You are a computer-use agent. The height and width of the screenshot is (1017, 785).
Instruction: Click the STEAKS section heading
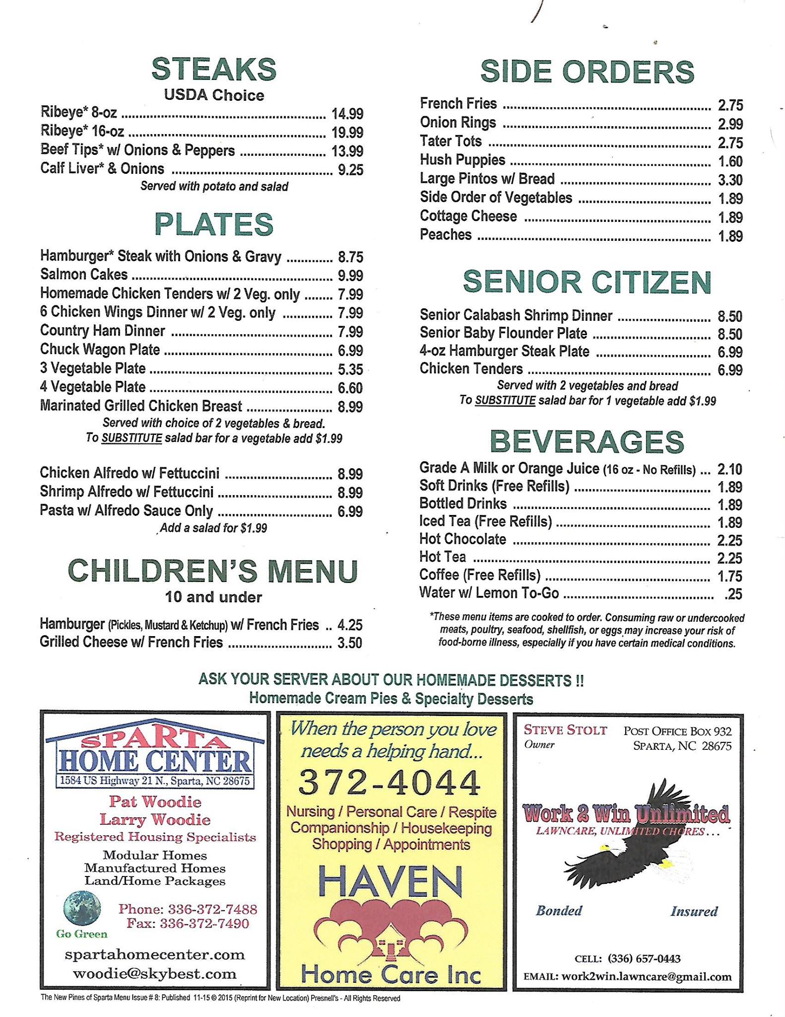tap(213, 69)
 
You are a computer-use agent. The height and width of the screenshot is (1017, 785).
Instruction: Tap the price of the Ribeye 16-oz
tap(347, 133)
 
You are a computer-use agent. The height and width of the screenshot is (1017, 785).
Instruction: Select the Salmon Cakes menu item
tap(84, 275)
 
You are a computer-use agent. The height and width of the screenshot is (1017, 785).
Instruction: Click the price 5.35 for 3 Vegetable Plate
tap(350, 369)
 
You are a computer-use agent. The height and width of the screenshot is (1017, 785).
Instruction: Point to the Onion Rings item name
tap(458, 123)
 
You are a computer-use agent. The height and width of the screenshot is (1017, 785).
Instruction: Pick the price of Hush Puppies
tap(730, 161)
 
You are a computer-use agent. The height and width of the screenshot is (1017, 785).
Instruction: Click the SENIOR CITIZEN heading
tap(587, 282)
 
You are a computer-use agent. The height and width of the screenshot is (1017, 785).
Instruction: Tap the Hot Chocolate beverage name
tap(462, 539)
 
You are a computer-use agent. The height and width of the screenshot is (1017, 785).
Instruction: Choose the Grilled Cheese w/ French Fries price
tap(349, 643)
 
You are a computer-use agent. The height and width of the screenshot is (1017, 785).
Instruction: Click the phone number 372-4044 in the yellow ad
tap(390, 783)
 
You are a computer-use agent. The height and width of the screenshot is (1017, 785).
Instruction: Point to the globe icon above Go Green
tap(82, 909)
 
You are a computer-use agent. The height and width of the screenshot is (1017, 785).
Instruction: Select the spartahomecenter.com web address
tap(155, 954)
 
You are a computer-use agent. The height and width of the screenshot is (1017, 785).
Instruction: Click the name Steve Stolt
tap(565, 730)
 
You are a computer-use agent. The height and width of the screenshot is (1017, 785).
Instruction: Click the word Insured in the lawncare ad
tap(694, 911)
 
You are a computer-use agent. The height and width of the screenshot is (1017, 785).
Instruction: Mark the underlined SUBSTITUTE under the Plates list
tap(131, 438)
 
